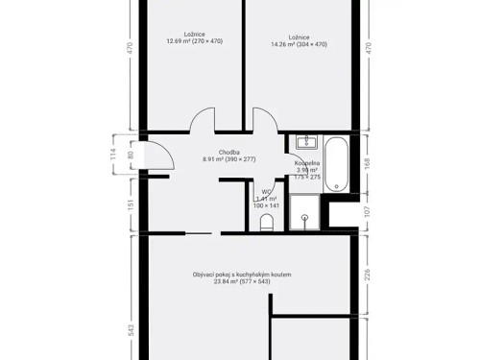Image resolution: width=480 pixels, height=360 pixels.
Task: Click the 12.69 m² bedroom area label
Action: (194, 41)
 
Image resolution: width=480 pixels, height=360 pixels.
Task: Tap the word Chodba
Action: (228, 152)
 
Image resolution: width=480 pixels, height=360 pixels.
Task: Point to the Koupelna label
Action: (308, 164)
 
